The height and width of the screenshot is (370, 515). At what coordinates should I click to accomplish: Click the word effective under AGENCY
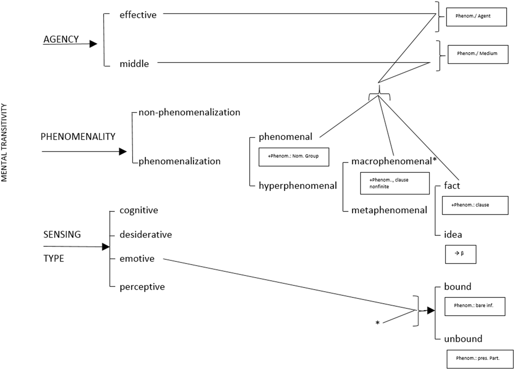click(x=138, y=15)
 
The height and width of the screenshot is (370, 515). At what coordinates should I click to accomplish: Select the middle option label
click(x=134, y=64)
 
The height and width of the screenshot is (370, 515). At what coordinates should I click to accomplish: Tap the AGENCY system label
click(x=61, y=39)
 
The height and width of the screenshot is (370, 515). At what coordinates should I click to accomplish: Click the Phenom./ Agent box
click(x=476, y=17)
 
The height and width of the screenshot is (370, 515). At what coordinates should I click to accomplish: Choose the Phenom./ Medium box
click(x=477, y=54)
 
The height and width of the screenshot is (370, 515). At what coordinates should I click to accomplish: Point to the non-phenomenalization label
click(x=189, y=113)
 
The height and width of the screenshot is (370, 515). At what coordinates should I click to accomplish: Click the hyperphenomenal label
click(x=297, y=186)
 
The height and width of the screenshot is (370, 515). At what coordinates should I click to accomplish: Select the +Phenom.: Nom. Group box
click(x=294, y=157)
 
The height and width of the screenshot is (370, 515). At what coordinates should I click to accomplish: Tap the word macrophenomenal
click(x=391, y=161)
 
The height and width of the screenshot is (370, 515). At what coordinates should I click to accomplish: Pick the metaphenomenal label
click(x=389, y=210)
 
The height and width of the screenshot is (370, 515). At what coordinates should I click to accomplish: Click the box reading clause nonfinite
click(x=394, y=183)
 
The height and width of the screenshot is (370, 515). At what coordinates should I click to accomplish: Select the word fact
click(x=452, y=186)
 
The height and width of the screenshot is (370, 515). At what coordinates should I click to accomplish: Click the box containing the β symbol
click(x=460, y=254)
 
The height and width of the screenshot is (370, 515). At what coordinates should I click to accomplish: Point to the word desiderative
click(x=145, y=235)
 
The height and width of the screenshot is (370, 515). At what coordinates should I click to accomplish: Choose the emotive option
click(x=137, y=259)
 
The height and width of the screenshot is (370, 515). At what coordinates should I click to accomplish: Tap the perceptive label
click(x=142, y=287)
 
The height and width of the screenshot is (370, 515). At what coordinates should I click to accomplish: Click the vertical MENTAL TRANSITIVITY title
click(x=5, y=142)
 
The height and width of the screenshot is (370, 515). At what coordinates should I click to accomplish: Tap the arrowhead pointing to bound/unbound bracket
click(x=430, y=311)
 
